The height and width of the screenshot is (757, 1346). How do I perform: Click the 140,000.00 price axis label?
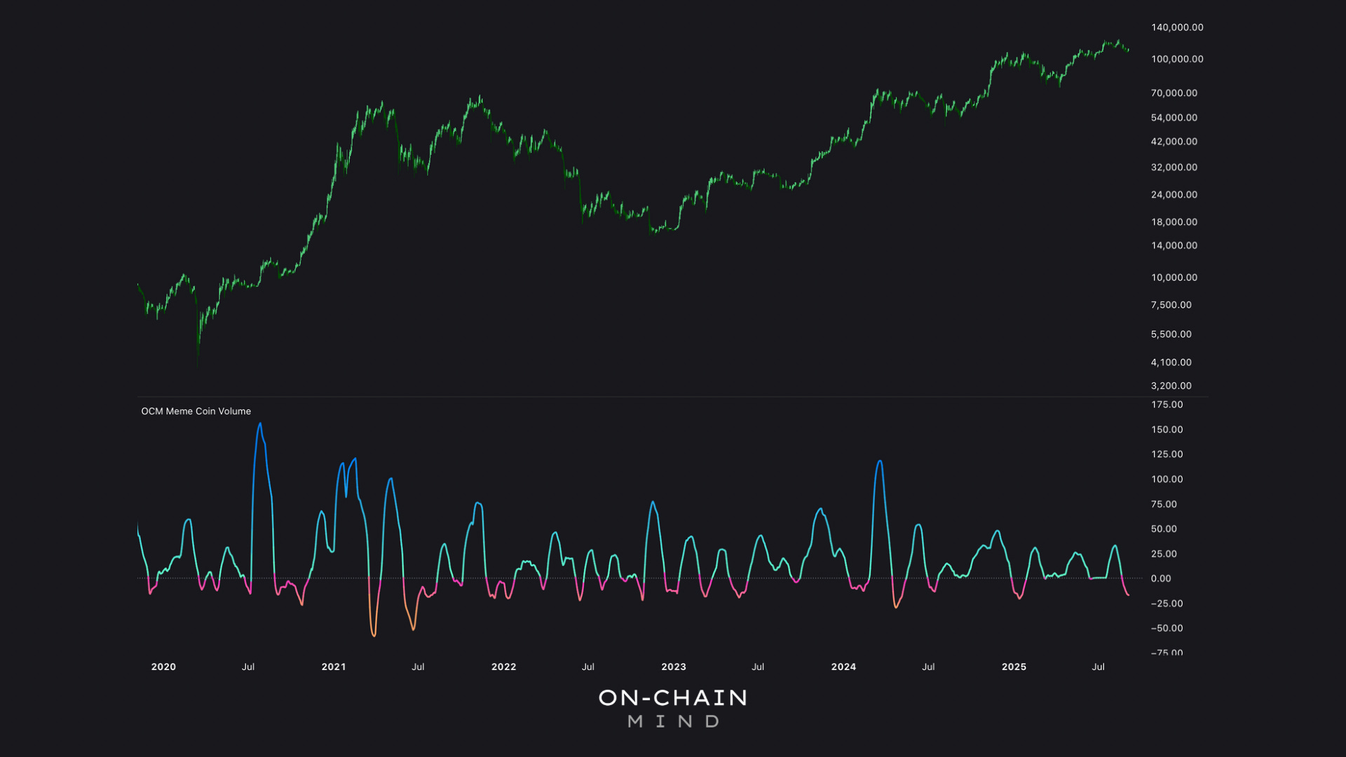[1177, 27]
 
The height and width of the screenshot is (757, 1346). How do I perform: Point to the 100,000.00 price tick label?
[1177, 59]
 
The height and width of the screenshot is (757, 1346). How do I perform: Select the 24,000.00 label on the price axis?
[1174, 195]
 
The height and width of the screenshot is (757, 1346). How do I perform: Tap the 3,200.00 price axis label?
[1171, 386]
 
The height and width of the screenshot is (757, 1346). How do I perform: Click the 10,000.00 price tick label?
[1174, 278]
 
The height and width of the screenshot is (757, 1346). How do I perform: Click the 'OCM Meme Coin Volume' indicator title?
[196, 411]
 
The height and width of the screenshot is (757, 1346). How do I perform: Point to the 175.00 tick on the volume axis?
[1167, 404]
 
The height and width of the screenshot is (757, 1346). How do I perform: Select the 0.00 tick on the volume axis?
[1161, 578]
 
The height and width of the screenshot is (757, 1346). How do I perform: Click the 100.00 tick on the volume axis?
[1167, 479]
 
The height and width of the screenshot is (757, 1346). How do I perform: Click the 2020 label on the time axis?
[163, 667]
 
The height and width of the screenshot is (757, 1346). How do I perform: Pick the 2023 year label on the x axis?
[674, 667]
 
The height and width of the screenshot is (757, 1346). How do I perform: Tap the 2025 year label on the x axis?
[1014, 667]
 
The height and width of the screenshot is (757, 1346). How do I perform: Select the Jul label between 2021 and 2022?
[418, 667]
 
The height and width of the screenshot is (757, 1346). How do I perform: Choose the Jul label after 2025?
[1098, 667]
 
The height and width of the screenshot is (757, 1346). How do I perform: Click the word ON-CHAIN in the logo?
[673, 697]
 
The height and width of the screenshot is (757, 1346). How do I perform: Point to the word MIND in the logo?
[673, 721]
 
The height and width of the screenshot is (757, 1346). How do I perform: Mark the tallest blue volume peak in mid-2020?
[260, 424]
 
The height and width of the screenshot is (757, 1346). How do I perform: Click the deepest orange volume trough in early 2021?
[374, 635]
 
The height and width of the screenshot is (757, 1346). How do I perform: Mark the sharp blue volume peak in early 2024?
[880, 461]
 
